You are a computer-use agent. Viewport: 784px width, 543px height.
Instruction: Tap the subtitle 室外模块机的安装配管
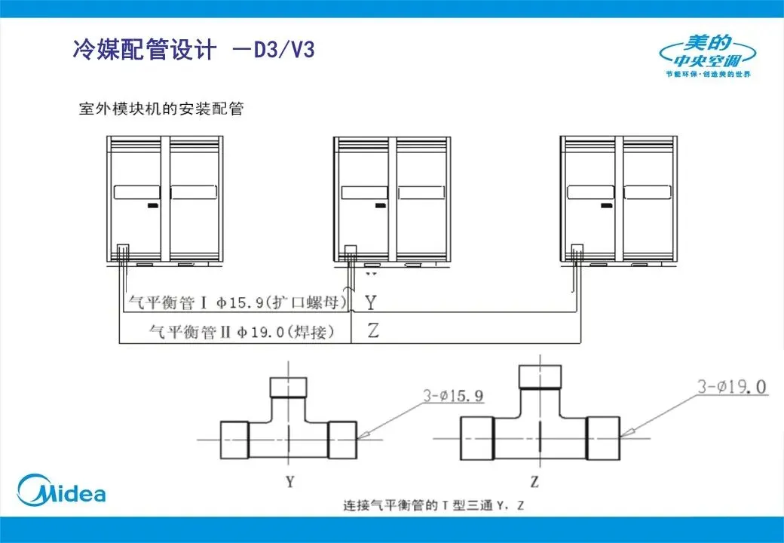(x=161, y=109)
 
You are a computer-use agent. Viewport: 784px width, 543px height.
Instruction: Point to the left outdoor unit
(x=165, y=201)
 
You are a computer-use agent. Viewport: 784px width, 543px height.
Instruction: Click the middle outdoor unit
(x=392, y=201)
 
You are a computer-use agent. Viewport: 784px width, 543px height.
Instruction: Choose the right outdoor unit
(x=618, y=201)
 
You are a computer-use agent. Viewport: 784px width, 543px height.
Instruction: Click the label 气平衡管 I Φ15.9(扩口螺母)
(x=238, y=303)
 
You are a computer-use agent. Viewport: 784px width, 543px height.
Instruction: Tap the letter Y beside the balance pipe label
(x=371, y=303)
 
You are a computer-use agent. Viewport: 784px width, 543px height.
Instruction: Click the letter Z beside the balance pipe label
(x=372, y=331)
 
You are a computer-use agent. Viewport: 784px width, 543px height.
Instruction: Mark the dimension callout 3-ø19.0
(x=730, y=387)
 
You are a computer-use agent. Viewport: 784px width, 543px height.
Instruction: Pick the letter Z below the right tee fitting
(x=534, y=480)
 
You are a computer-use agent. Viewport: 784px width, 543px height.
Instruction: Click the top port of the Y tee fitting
(x=289, y=388)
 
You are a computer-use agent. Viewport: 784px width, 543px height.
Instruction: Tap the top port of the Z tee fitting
(x=541, y=376)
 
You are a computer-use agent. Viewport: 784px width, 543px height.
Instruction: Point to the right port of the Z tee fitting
(x=603, y=438)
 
